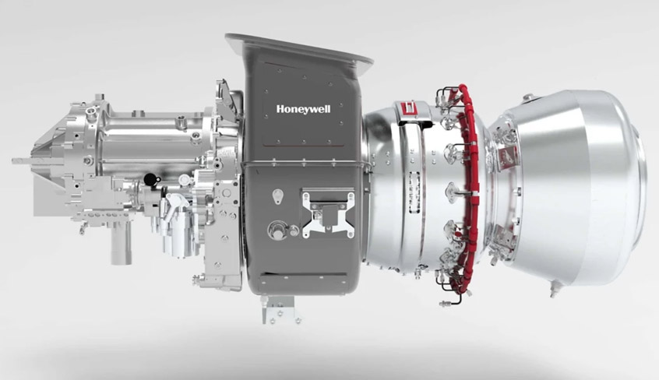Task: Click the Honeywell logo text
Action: click(x=303, y=110)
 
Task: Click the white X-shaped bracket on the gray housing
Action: click(x=328, y=213)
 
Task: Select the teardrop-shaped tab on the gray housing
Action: click(x=277, y=196)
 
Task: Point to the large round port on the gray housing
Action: click(x=277, y=230)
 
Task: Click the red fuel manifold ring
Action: click(x=471, y=185)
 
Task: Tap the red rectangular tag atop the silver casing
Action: click(x=409, y=110)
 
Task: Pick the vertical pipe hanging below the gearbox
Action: click(x=122, y=243)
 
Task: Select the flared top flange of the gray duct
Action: click(x=298, y=47)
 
